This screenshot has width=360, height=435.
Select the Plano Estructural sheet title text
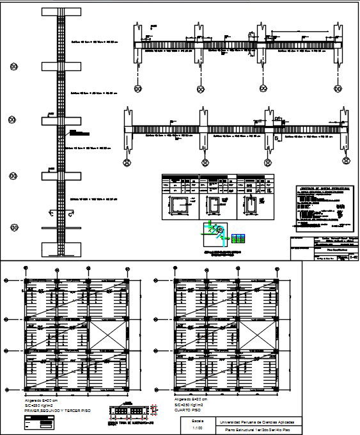258,431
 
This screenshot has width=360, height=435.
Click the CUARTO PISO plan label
188,409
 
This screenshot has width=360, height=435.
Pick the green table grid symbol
238,238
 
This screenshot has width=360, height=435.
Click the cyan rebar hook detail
219,230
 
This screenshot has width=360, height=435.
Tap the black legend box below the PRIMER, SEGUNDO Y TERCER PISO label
40,423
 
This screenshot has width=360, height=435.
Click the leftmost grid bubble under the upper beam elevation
137,88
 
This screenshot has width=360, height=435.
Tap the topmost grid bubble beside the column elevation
13,67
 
